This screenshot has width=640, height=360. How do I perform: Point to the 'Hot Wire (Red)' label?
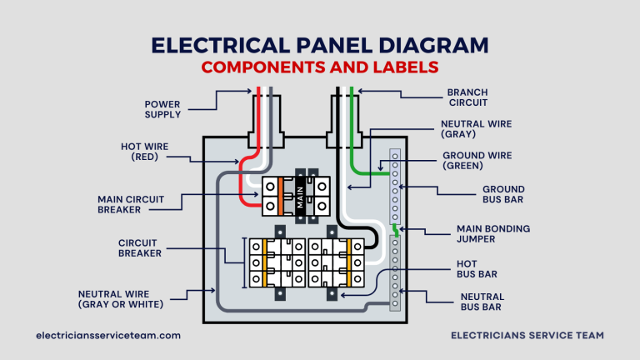(144, 151)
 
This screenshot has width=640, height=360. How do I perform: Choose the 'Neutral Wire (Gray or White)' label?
(121, 299)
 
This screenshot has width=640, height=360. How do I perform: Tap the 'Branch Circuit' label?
(467, 97)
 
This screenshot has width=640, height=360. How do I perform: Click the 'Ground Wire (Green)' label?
(477, 161)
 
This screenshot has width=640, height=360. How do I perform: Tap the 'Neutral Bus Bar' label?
(482, 302)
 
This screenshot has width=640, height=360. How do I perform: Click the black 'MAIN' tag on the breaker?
(299, 197)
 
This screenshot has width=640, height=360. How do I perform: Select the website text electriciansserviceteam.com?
(108, 335)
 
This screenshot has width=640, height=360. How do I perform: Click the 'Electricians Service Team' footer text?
(527, 335)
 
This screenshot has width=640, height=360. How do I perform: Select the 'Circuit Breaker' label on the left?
(140, 247)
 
